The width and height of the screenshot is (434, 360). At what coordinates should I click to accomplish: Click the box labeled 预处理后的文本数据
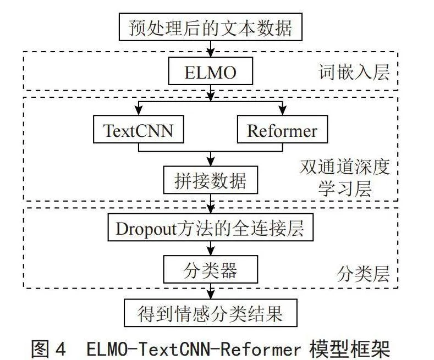tap(210, 27)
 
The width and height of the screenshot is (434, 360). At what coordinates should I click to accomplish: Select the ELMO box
tap(210, 71)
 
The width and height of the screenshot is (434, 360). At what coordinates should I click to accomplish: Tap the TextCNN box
tap(139, 129)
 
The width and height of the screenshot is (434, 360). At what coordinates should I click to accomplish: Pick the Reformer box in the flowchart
tap(282, 129)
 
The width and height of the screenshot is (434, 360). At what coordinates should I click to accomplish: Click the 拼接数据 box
tap(210, 180)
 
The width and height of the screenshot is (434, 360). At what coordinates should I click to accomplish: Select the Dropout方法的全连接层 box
tap(210, 227)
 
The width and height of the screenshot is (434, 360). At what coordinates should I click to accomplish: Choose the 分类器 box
tap(210, 269)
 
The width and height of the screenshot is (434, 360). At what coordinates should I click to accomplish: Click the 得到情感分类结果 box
tap(210, 313)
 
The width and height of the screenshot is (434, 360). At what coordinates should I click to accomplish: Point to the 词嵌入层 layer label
tap(354, 72)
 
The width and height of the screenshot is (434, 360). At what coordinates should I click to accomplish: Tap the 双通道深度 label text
tap(345, 167)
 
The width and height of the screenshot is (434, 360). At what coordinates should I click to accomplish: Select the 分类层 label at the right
tap(363, 274)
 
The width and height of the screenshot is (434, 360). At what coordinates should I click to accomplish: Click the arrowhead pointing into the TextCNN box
tap(139, 111)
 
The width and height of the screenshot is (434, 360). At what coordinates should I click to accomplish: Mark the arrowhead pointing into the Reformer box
tap(282, 111)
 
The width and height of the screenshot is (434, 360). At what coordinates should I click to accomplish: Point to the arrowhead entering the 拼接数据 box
tap(211, 162)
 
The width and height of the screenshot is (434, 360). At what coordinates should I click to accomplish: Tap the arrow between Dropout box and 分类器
tap(211, 248)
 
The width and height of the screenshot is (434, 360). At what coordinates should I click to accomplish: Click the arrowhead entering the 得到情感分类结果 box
tap(211, 295)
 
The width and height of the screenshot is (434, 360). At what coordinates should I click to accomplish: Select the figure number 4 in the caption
tap(61, 349)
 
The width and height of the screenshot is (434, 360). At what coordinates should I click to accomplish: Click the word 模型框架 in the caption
tap(350, 349)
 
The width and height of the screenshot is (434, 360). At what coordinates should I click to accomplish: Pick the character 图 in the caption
tap(40, 349)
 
